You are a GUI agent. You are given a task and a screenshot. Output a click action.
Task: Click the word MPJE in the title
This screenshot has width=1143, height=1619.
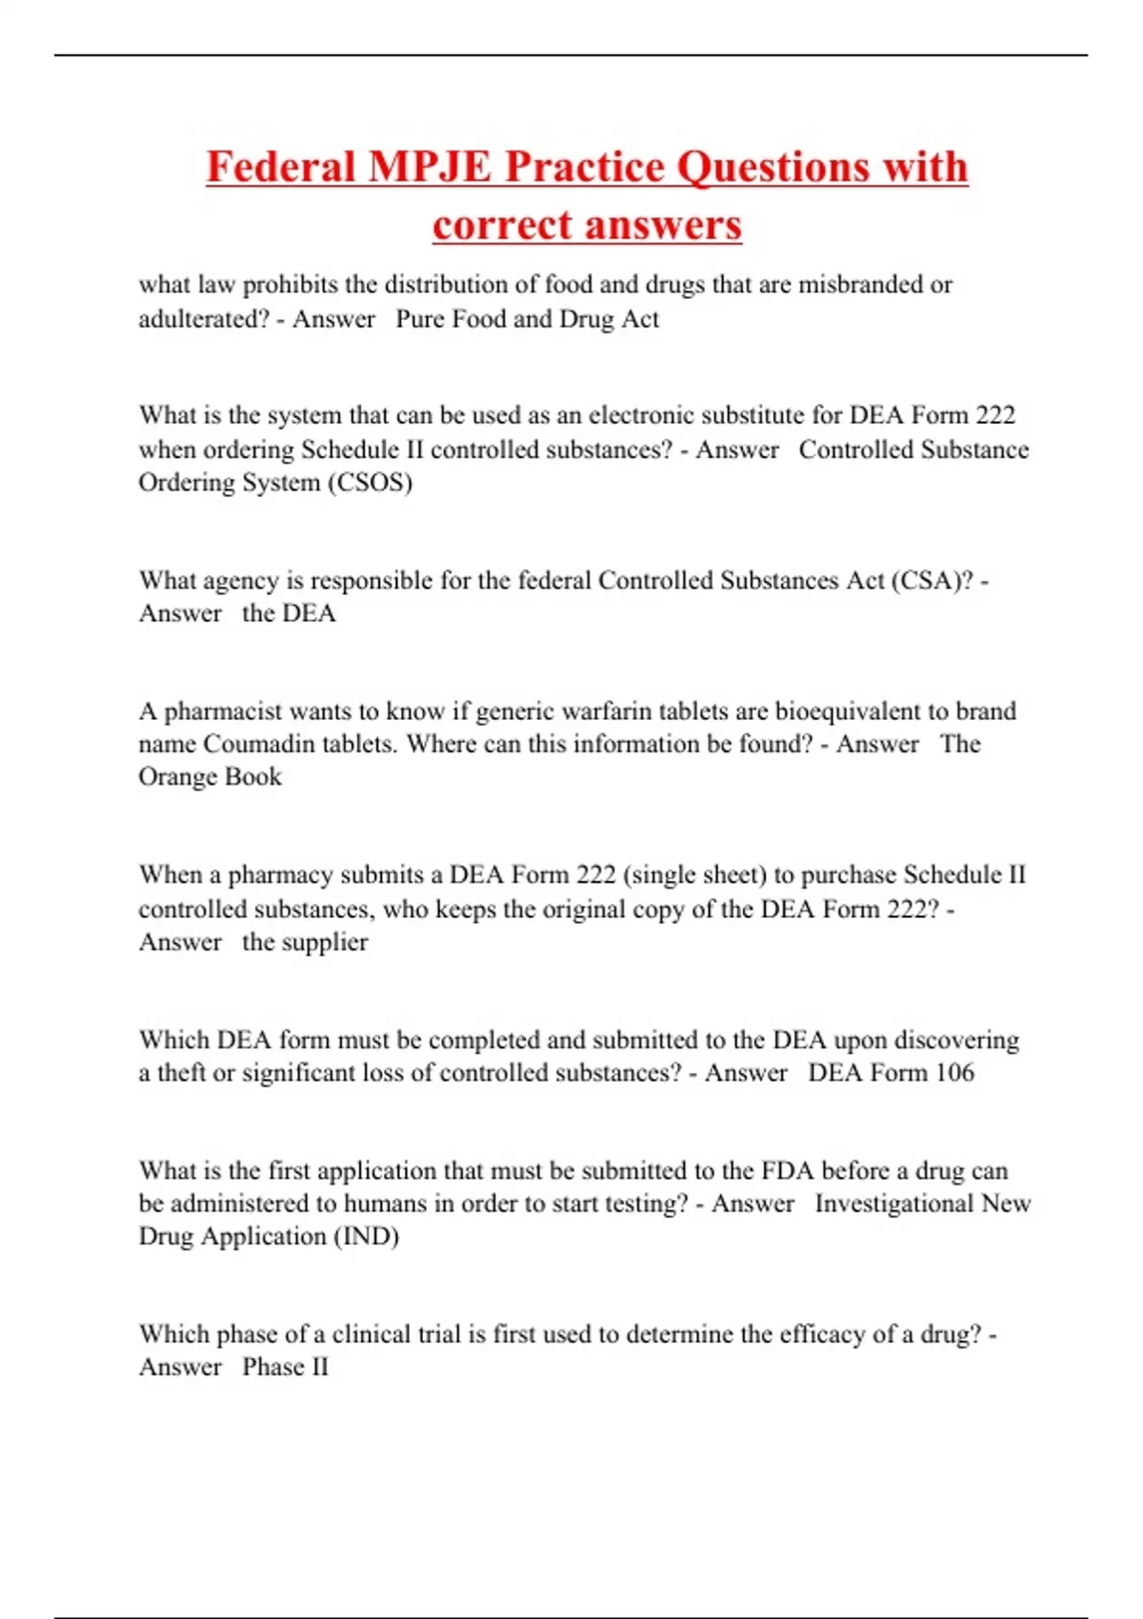430,167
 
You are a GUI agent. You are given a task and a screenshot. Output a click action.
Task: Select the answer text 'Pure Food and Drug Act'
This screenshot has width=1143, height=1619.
527,318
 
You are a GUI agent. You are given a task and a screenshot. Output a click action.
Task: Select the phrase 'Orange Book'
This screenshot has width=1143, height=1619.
211,776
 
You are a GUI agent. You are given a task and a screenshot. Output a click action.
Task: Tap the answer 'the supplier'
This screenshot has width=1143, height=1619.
305,942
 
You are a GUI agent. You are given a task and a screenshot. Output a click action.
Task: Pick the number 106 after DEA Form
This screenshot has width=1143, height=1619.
954,1072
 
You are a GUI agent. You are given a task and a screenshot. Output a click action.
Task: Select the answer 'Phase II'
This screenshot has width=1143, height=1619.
285,1367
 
